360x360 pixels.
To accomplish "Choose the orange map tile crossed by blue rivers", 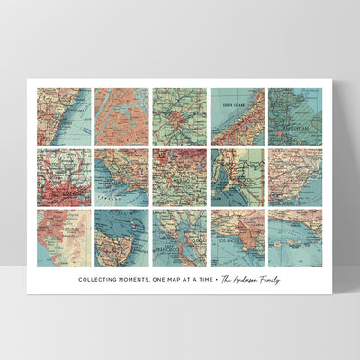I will (121, 116).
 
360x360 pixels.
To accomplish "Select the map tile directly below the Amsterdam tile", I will (294, 177).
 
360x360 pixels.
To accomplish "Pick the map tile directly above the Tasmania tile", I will (121, 177).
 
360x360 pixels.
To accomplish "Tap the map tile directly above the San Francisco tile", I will (179, 177).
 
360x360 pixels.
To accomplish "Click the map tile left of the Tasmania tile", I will (64, 238).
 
